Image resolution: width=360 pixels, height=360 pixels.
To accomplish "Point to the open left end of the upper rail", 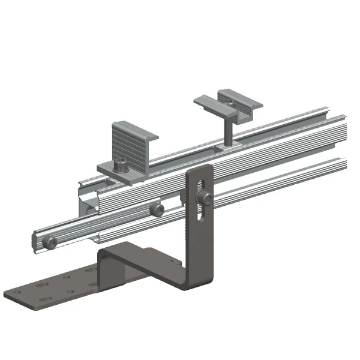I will (x=86, y=199).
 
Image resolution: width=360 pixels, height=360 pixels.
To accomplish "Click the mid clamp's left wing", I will (x=207, y=106).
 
